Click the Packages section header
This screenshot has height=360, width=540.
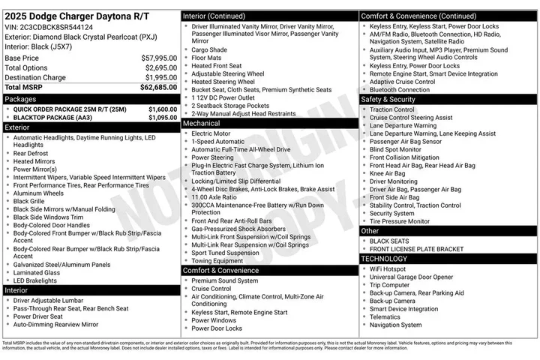21,98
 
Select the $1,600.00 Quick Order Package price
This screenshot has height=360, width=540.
163,109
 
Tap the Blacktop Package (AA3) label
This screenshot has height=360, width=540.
52,118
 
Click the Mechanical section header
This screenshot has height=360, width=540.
202,123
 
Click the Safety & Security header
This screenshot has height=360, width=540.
388,99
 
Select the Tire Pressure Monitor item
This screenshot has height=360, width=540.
400,221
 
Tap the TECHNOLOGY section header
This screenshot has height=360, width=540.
384,259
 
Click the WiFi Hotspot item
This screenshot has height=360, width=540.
388,268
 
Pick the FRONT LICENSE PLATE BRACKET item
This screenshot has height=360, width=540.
416,249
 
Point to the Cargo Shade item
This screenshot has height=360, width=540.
209,49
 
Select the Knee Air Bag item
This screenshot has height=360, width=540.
387,173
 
